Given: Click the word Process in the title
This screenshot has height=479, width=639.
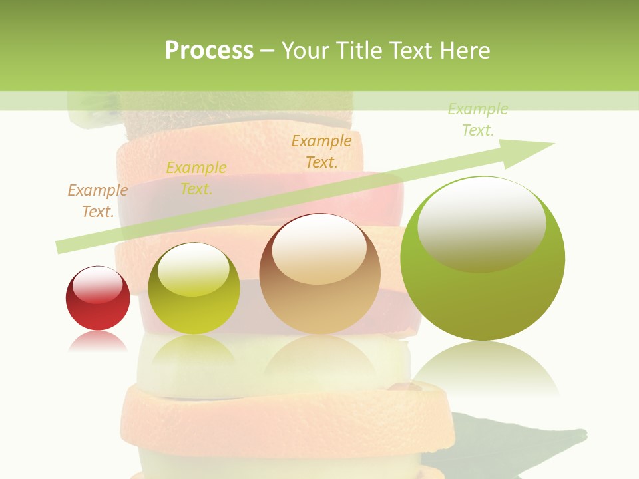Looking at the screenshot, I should click(209, 51).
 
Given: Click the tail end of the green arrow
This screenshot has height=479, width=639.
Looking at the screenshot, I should click(61, 247).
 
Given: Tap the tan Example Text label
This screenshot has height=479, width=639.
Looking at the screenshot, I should click(98, 201).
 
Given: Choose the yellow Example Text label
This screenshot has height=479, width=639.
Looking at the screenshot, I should click(196, 178).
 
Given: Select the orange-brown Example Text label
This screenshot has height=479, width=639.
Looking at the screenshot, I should click(321, 151).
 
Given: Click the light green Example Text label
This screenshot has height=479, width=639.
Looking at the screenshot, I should click(478, 120).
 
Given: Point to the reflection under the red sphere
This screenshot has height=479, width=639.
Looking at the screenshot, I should click(98, 341).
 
